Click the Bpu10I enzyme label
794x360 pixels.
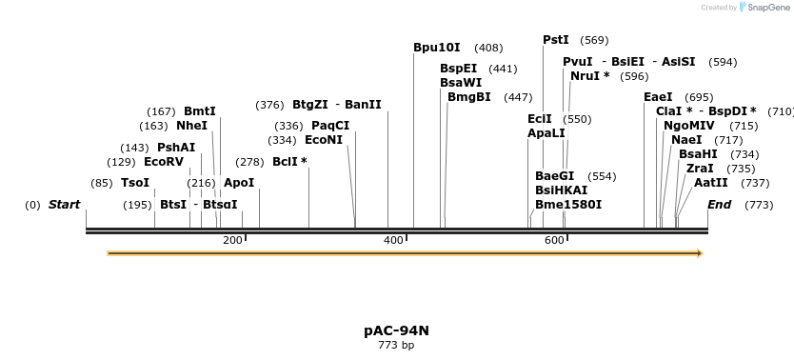point(436,48)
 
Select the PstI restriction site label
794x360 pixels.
point(555,40)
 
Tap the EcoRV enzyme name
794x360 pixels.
point(163,162)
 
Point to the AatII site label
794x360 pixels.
point(710,183)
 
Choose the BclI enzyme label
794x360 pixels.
point(289,162)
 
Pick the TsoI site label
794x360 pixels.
point(135,183)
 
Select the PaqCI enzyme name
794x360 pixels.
point(330,126)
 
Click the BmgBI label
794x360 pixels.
point(469,97)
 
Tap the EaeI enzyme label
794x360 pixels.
point(658,97)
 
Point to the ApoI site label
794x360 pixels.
point(238,183)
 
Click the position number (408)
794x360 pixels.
point(488,48)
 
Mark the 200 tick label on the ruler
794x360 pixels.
point(232,241)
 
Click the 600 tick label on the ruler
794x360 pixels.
point(555,241)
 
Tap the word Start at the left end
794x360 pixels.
point(64,205)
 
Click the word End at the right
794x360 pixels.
point(719,205)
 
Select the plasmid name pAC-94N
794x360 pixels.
point(396,330)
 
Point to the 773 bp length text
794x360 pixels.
point(396,346)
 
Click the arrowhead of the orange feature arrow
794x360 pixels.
point(700,253)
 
